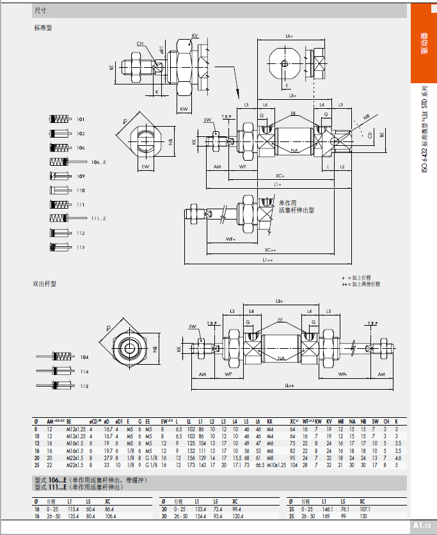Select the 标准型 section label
pos(43,28)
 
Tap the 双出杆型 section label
pos(45,283)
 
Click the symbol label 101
pos(81,120)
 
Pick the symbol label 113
pos(81,247)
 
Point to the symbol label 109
pos(81,176)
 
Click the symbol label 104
pos(84,356)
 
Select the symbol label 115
pos(84,386)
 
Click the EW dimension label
pos(145,166)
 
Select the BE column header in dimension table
pos(69,422)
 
